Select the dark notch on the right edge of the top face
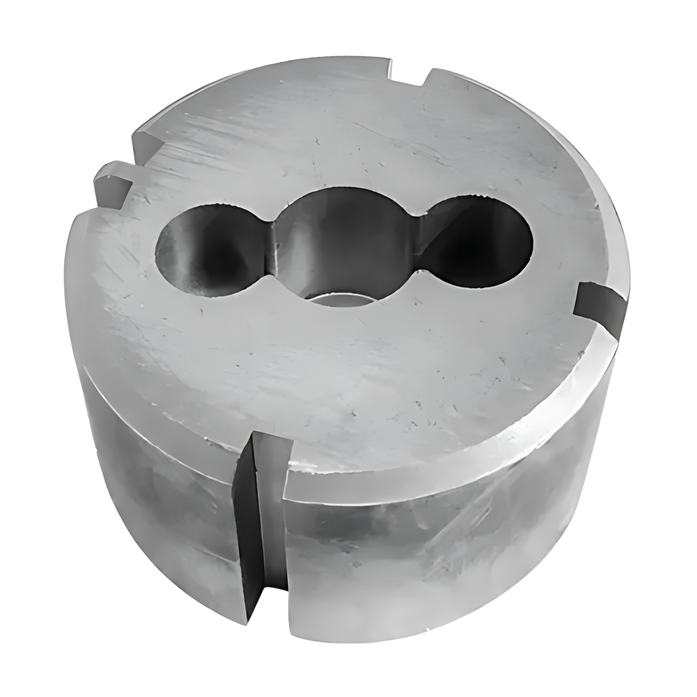tap(600, 307)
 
